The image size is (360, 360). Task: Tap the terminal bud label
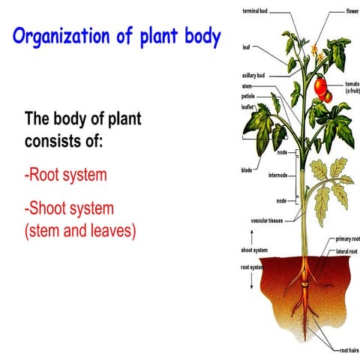point(255,12)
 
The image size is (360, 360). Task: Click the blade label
point(247,170)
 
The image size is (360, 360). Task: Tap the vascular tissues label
point(265,221)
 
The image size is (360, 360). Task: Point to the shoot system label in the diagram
point(254,250)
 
